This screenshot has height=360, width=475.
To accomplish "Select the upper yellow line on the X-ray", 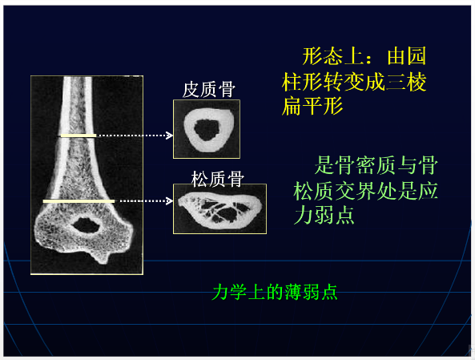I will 78,136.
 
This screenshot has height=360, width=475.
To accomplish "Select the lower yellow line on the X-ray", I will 78,200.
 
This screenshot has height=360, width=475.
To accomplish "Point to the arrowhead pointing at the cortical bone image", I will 169,136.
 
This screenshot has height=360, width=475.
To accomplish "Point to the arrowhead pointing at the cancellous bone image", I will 169,200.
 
